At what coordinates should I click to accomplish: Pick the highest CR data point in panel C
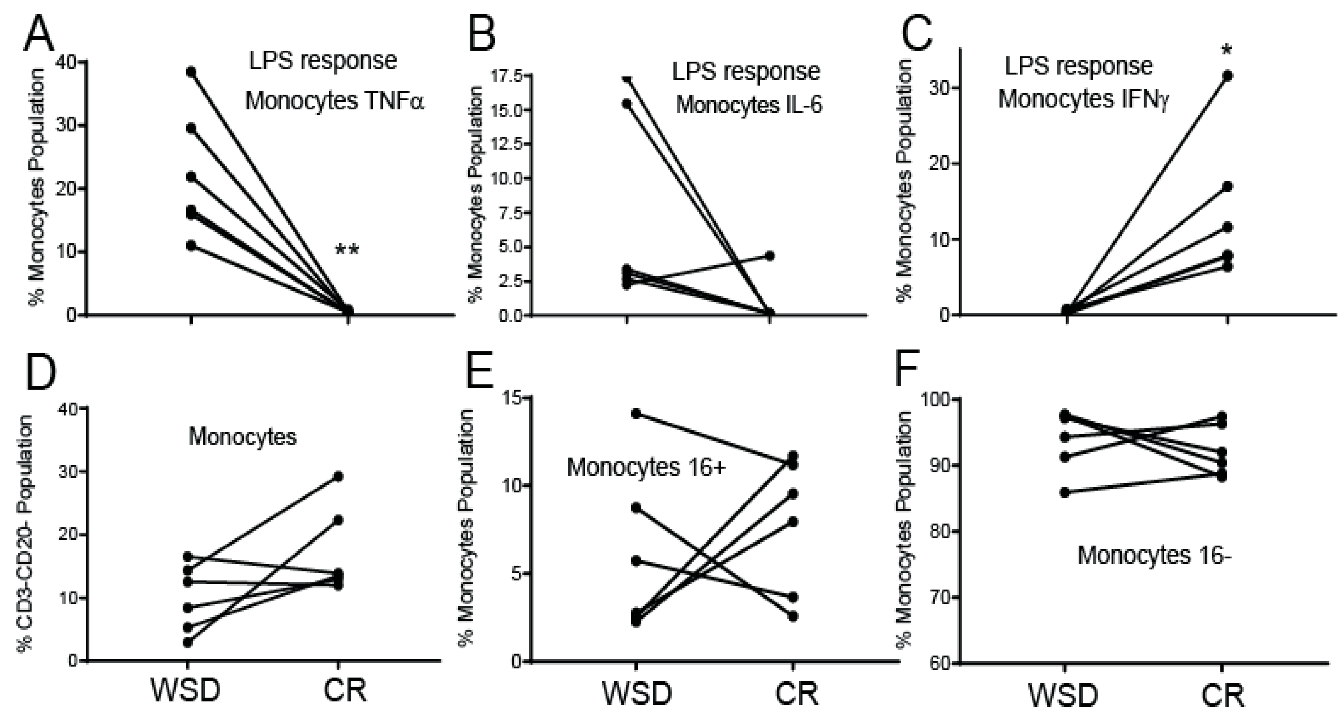click(1228, 76)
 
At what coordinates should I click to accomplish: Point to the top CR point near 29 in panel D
click(338, 476)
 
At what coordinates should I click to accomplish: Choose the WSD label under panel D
click(186, 690)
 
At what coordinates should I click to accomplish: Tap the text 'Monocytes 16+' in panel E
click(646, 467)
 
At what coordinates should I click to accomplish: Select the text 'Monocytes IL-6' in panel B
click(749, 106)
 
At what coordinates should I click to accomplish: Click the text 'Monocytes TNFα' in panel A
click(335, 101)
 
